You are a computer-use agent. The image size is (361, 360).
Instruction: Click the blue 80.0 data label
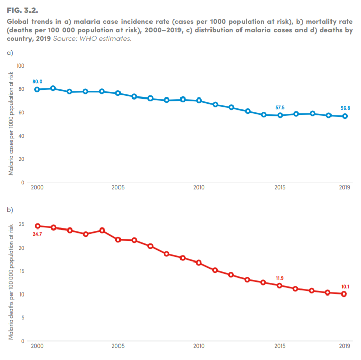pos(37,81)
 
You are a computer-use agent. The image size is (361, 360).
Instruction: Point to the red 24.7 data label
pos(37,234)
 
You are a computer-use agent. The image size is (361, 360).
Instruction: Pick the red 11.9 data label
pos(280,278)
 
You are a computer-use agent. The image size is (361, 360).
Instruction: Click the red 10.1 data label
pos(345,286)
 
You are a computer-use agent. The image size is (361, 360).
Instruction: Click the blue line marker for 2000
pos(37,89)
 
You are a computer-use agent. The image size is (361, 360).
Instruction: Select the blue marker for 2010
pos(199,101)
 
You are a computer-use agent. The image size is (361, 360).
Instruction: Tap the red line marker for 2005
pos(118,239)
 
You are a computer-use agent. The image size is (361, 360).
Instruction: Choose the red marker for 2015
pos(280,286)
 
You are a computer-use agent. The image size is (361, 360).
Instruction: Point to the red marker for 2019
pos(345,294)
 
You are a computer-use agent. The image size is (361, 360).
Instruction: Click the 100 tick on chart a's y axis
pos(20,66)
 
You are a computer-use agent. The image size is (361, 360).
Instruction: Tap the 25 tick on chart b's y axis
pos(21,224)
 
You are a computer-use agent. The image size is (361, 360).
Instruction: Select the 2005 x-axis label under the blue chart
pos(118,187)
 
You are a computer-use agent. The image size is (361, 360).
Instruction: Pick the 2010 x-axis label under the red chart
pos(199,346)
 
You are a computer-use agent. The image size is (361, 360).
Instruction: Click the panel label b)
pos(9,209)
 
